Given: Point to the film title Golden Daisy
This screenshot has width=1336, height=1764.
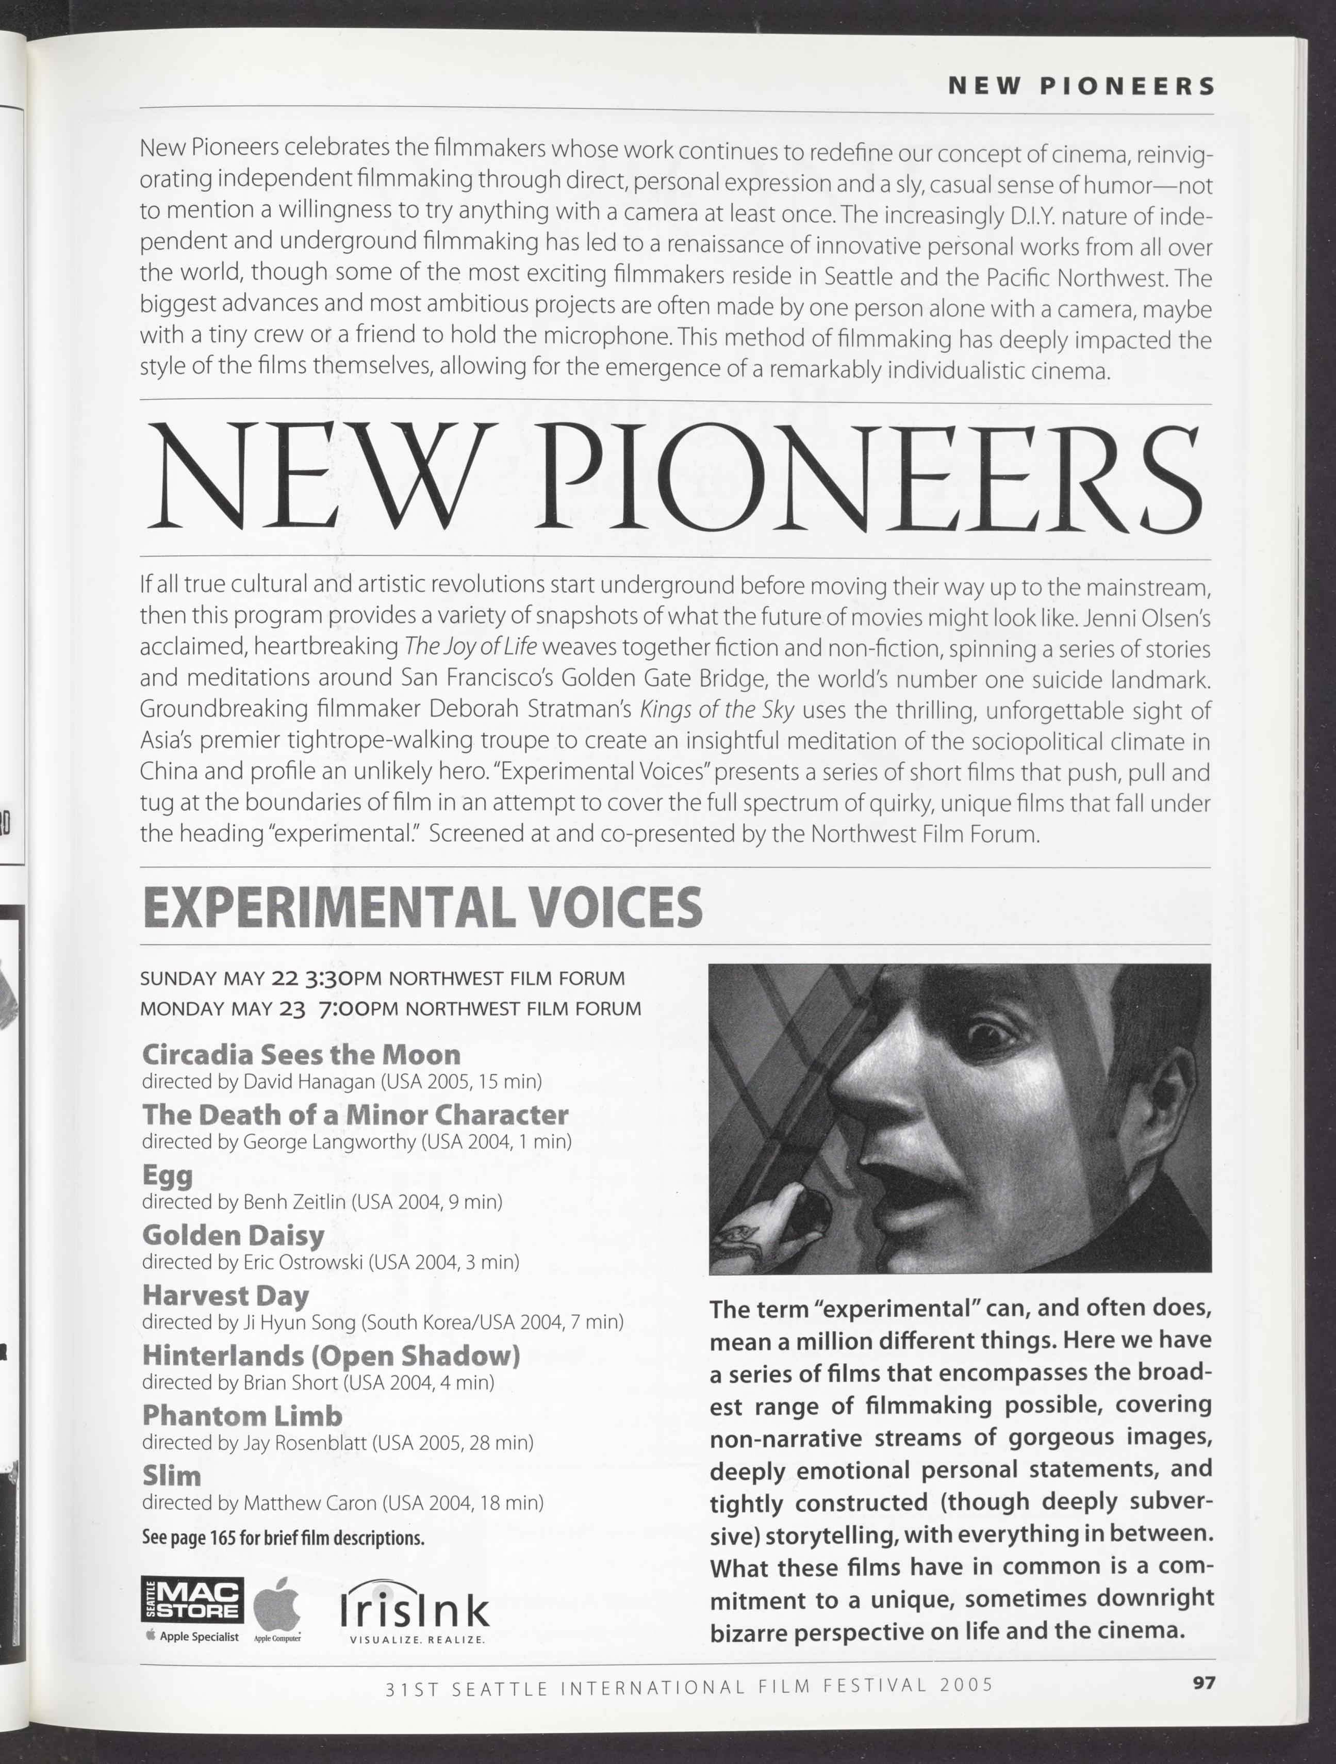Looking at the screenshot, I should pos(233,1235).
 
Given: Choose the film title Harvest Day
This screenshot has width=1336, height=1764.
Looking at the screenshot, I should pos(226,1295).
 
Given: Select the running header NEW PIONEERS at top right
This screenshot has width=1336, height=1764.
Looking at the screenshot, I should pos(1081,86).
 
